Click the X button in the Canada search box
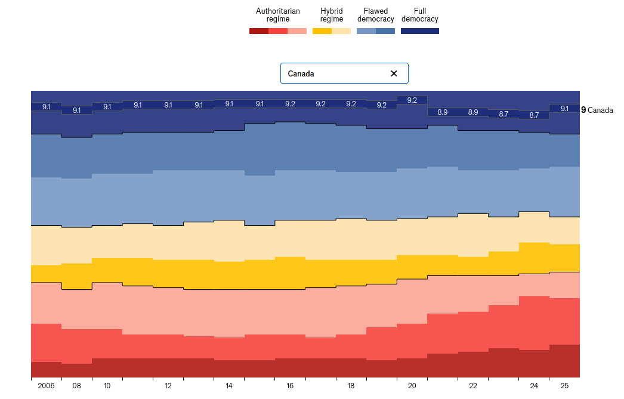[x=394, y=73]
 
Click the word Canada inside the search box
[x=301, y=73]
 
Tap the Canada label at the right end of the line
[x=600, y=110]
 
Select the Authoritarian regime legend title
[x=278, y=15]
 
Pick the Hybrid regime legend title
[x=332, y=15]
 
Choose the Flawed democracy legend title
[x=376, y=15]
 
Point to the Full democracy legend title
[x=420, y=15]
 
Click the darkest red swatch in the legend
[x=259, y=31]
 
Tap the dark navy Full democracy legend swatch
[x=420, y=31]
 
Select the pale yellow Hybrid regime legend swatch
[x=341, y=31]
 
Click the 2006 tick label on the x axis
[x=46, y=386]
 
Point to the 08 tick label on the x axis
[x=77, y=386]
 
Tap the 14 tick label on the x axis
[x=229, y=386]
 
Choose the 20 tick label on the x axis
[x=412, y=386]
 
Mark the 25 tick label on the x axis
[x=564, y=386]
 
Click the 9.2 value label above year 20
[x=412, y=100]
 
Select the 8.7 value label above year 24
[x=534, y=115]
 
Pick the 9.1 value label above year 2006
[x=47, y=107]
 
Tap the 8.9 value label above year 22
[x=473, y=112]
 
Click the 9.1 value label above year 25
[x=564, y=108]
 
